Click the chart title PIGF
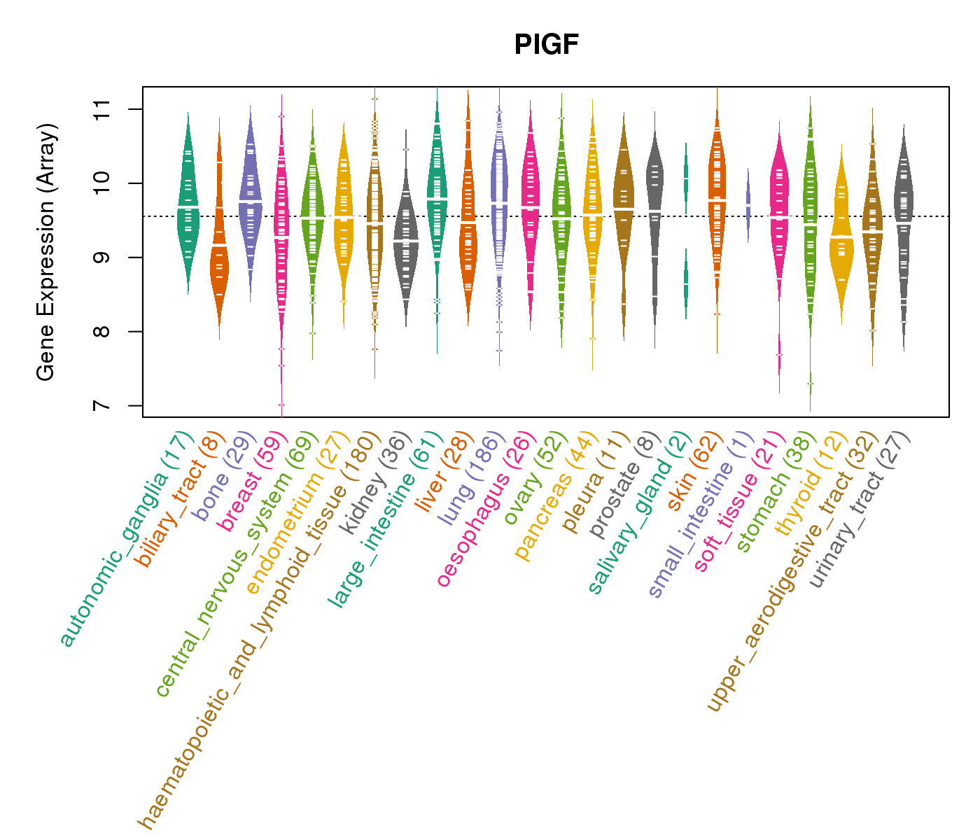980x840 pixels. (546, 45)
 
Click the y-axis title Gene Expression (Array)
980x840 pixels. (46, 253)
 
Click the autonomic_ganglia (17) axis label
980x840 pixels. (126, 539)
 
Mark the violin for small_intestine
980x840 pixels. (748, 204)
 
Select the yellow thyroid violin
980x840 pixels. (841, 238)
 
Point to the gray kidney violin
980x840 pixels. (406, 238)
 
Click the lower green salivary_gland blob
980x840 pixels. (686, 283)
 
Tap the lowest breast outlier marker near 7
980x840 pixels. (281, 405)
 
